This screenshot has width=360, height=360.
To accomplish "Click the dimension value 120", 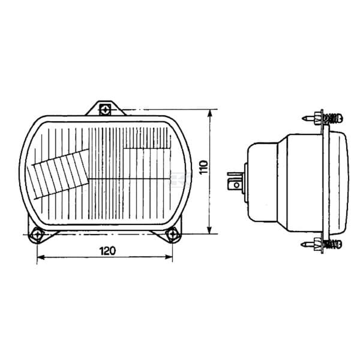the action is pos(107,251).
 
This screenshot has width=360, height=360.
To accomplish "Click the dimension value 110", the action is pos(203,167).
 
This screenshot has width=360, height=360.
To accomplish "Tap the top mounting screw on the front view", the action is pos(106,110).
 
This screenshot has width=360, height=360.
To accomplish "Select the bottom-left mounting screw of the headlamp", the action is pos(37,235).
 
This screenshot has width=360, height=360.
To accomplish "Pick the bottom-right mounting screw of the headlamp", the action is pos(172,235).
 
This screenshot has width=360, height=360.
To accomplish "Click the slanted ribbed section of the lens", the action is pos(59,175).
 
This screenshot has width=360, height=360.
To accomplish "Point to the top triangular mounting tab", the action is pos(106,109).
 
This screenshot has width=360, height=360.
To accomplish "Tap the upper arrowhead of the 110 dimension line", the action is pos(209,113).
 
